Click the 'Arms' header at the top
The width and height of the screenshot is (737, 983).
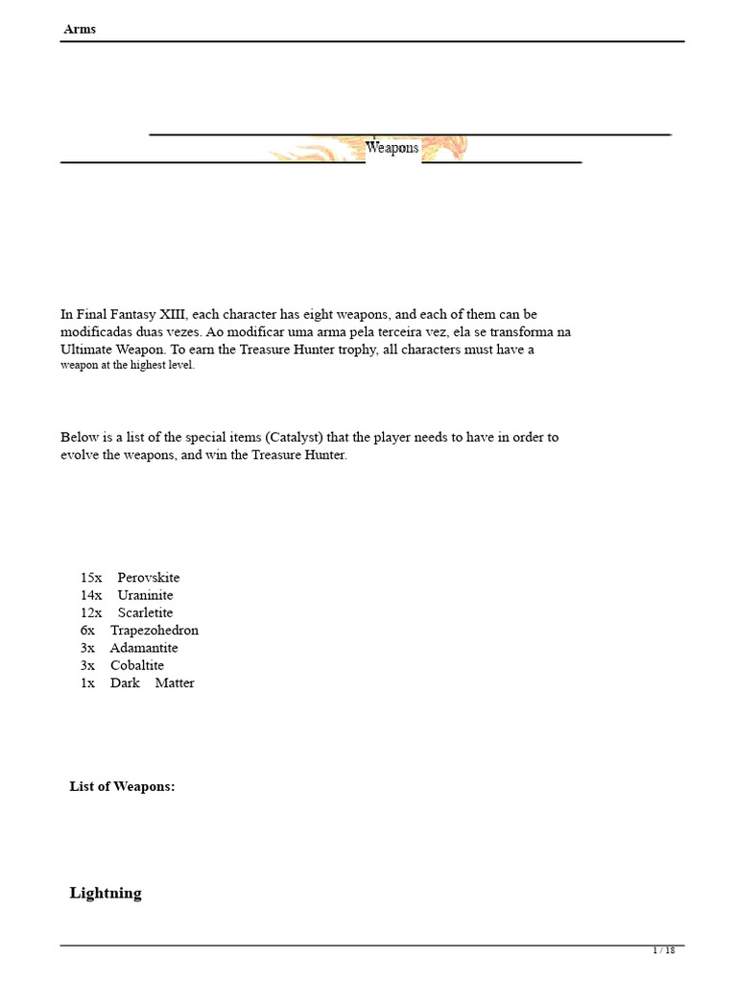pos(80,29)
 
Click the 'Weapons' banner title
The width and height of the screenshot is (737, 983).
pos(392,148)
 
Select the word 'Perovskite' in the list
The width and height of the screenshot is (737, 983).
pos(149,578)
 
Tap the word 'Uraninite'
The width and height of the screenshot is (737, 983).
pos(146,595)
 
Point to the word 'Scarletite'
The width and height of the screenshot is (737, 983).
pos(146,612)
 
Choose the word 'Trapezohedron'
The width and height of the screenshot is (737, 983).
pos(155,630)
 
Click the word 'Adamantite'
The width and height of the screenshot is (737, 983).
pos(144,648)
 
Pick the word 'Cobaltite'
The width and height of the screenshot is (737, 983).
pos(137,665)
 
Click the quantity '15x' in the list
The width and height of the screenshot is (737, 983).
pos(91,578)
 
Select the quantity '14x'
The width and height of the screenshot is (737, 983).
pos(91,595)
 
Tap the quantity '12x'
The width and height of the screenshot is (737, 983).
pos(91,612)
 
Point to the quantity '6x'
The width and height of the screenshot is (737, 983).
pos(87,630)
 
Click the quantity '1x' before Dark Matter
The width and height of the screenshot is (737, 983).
pos(87,683)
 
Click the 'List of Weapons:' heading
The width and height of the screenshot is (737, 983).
pos(122,786)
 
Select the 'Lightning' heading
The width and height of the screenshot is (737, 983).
pos(106,893)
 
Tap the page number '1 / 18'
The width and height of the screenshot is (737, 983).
pos(664,950)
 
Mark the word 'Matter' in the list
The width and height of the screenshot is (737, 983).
pos(174,683)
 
